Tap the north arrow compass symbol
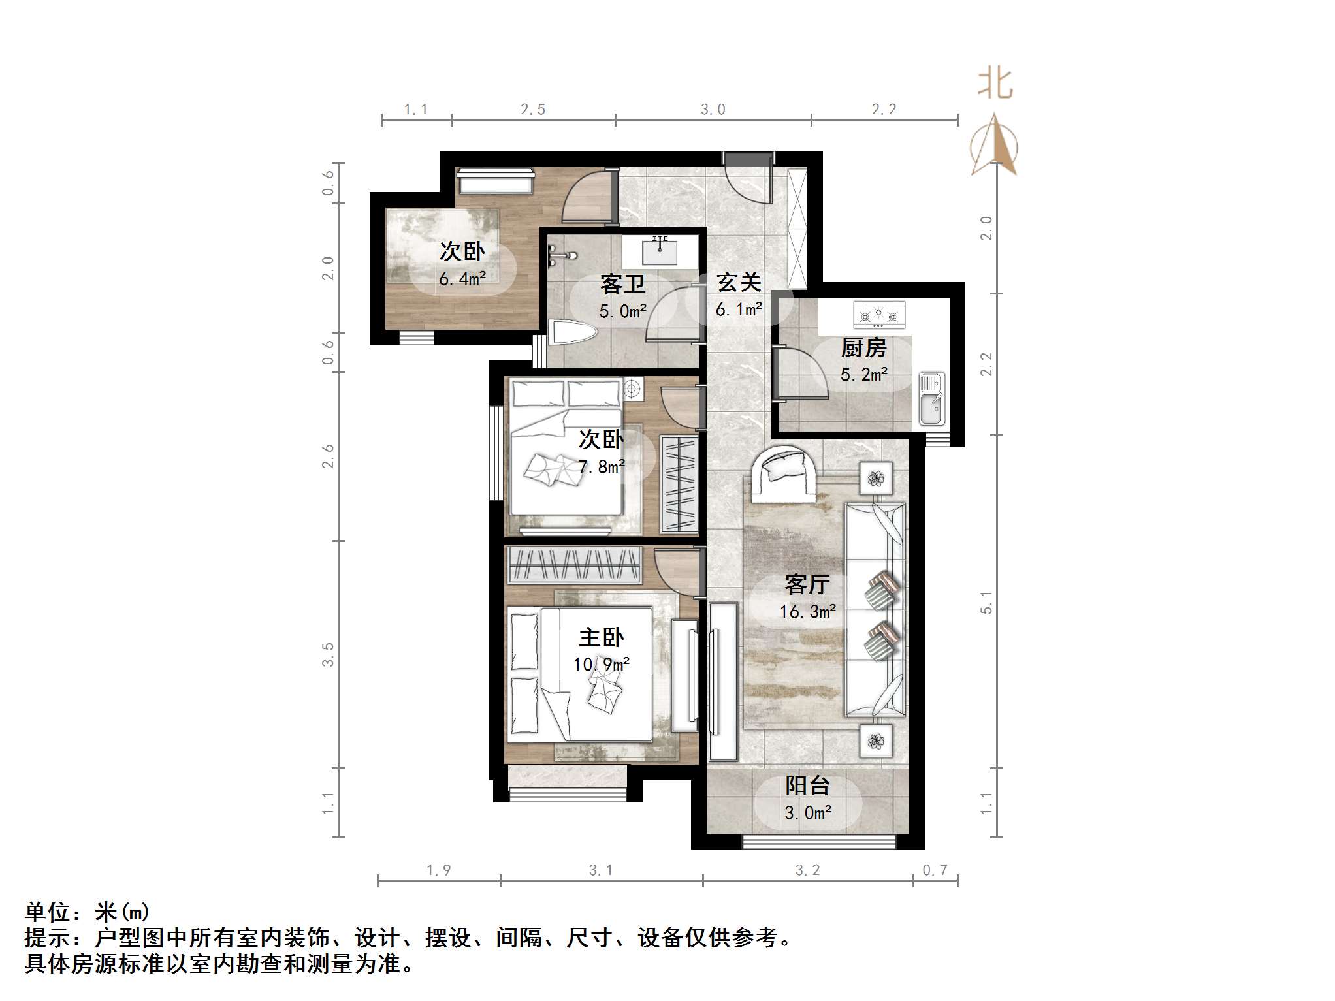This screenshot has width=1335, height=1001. (x=994, y=145)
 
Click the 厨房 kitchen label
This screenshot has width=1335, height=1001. (x=863, y=347)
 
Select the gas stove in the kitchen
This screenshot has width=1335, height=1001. (x=879, y=315)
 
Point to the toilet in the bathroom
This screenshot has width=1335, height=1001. (x=573, y=333)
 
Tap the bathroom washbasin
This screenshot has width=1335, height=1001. (x=660, y=251)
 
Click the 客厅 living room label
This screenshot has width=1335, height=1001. (x=807, y=584)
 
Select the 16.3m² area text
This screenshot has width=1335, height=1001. (x=807, y=612)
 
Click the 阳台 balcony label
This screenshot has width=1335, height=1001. (x=807, y=786)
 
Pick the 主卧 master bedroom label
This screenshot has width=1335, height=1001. (x=602, y=637)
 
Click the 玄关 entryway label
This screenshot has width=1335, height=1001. (x=739, y=283)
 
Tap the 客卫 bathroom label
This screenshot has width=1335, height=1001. (x=622, y=285)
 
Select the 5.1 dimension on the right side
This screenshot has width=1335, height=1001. (x=986, y=602)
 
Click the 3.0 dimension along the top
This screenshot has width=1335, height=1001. (x=713, y=110)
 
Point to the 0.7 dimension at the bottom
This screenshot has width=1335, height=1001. (x=935, y=870)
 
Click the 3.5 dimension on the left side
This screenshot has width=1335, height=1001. (x=328, y=654)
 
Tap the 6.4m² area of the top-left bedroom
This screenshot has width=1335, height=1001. (x=462, y=279)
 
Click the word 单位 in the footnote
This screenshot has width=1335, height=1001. (x=48, y=912)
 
